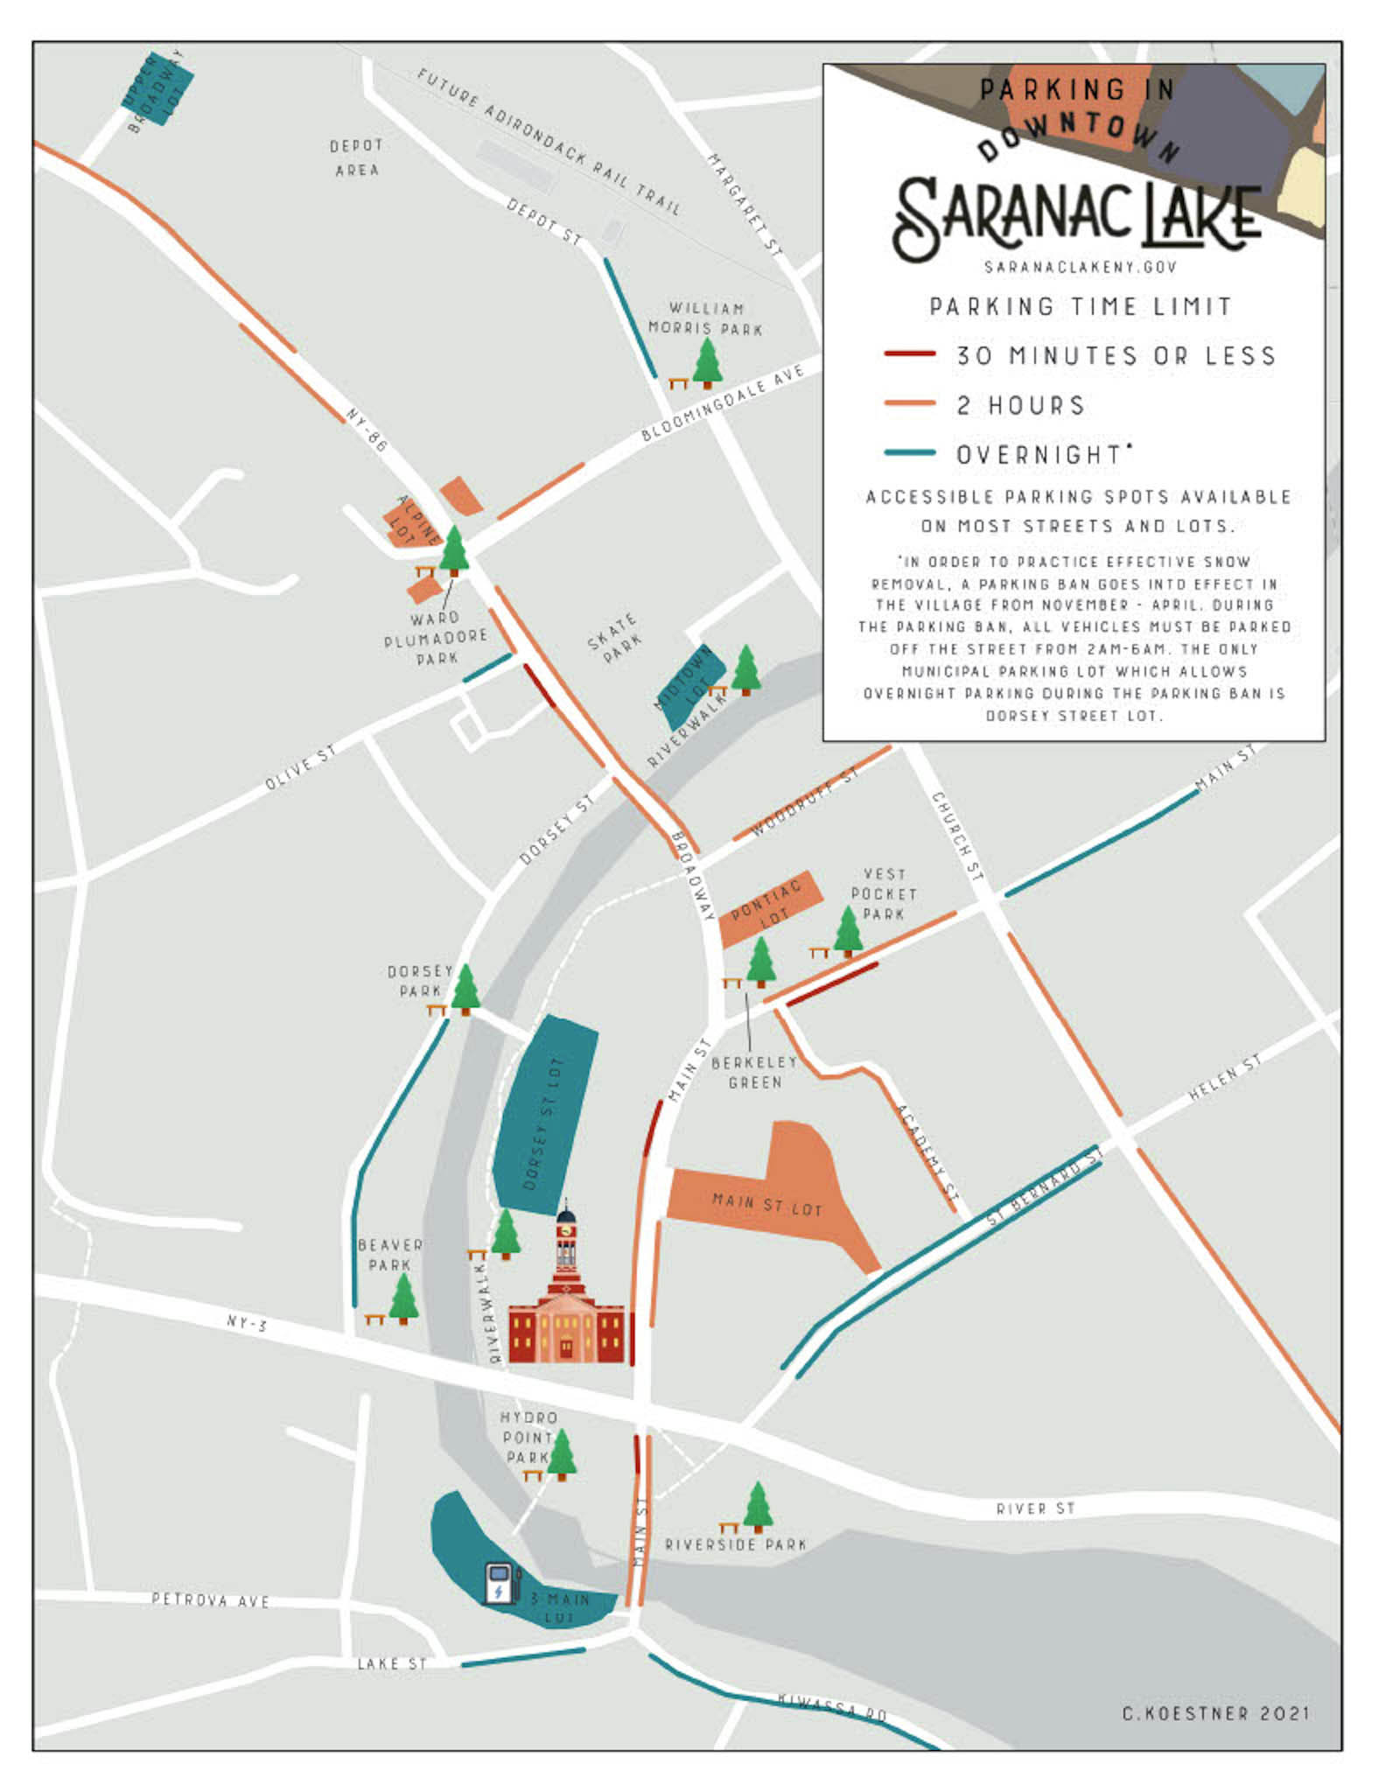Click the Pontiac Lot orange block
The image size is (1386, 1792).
point(770,906)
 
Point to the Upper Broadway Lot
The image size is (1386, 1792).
point(157,87)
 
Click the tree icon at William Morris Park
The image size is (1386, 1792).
point(707,361)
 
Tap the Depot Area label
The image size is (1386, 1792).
point(356,157)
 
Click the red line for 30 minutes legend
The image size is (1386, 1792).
point(909,353)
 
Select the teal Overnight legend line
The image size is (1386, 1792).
point(909,453)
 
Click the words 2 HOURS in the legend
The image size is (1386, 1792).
point(1020,405)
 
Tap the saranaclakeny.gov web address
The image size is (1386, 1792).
point(1080,267)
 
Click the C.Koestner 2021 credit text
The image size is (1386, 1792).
point(1215,1713)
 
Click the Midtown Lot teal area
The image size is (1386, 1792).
point(691,684)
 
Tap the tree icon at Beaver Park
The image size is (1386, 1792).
point(403,1298)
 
